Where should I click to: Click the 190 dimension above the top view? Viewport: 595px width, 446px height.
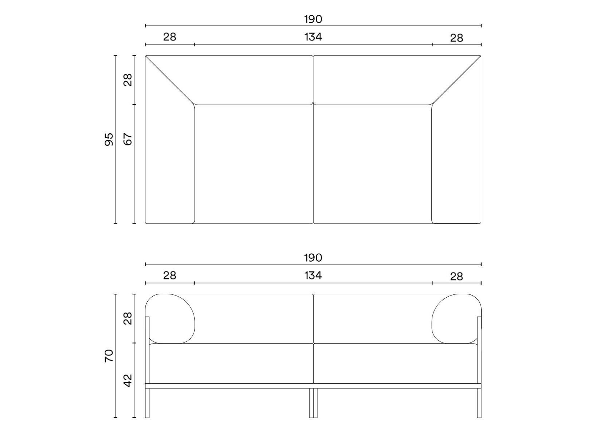(x=313, y=19)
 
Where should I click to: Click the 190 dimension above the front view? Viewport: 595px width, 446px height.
(x=313, y=258)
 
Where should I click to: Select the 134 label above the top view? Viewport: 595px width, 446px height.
(x=313, y=37)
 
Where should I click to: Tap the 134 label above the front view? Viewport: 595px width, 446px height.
(x=313, y=275)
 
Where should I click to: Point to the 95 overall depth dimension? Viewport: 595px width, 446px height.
(x=109, y=139)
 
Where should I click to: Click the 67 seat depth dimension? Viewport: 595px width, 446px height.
(x=128, y=139)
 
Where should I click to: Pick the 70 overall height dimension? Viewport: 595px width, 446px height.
(x=109, y=356)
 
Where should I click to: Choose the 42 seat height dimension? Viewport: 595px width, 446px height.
(x=128, y=380)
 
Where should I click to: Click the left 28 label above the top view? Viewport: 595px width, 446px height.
(x=170, y=37)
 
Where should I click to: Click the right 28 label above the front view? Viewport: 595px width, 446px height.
(x=456, y=277)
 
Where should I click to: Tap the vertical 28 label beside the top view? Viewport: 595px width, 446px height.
(x=128, y=79)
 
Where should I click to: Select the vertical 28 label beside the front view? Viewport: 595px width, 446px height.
(x=128, y=318)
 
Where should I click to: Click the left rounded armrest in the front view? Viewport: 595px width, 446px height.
(x=170, y=318)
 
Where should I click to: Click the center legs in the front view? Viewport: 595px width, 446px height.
(x=313, y=403)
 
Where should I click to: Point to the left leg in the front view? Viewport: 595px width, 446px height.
(x=147, y=403)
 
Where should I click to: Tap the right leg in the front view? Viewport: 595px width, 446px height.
(x=479, y=403)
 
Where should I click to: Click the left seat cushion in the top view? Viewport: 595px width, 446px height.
(x=254, y=164)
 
